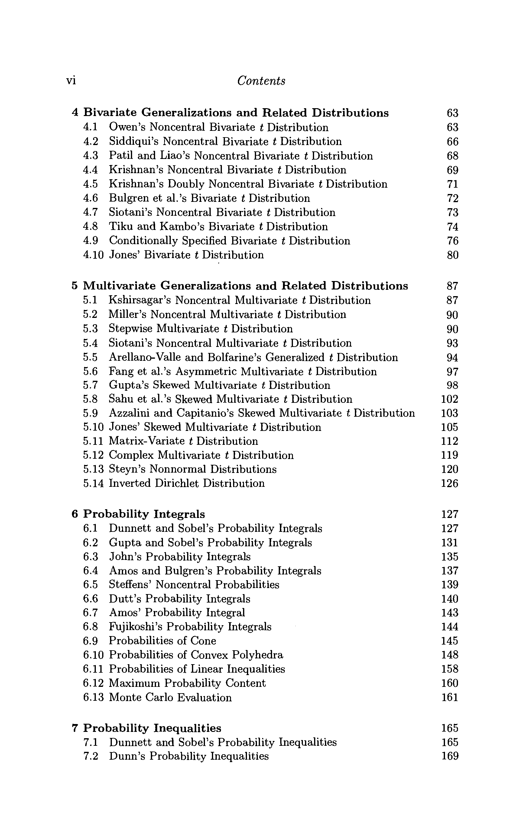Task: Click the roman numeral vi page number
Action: click(x=71, y=81)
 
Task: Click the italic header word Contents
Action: click(x=261, y=81)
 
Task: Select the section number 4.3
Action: click(x=90, y=156)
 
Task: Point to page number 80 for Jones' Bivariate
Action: click(x=453, y=255)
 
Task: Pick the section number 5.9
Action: click(x=90, y=413)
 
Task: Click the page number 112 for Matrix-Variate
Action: click(x=450, y=441)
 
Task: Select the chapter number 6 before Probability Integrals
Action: click(x=75, y=515)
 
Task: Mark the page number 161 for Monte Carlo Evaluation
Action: click(x=450, y=697)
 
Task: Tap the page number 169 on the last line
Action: click(x=450, y=756)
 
